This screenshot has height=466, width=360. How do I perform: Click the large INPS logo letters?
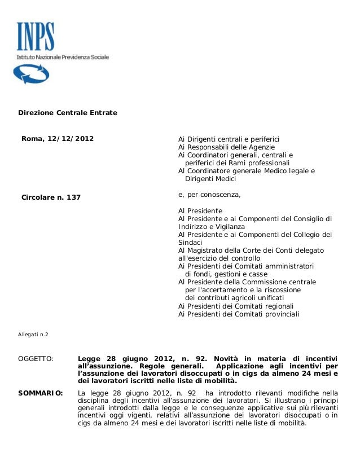tap(36, 37)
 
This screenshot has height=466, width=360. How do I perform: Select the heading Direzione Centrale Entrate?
tap(68, 113)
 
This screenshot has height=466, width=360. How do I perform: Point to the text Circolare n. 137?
tap(51, 197)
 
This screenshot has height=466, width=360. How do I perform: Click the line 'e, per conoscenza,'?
tap(209, 195)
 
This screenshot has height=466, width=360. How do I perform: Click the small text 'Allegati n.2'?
tap(33, 335)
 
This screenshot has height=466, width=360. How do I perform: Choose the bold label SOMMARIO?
tap(41, 393)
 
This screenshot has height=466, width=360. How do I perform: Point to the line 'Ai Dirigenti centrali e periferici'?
tap(229, 139)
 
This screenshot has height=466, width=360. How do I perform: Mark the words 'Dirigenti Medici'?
tap(210, 179)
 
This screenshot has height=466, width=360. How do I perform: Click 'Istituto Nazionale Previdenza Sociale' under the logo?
tap(62, 58)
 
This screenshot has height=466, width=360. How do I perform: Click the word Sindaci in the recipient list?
tap(190, 243)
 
